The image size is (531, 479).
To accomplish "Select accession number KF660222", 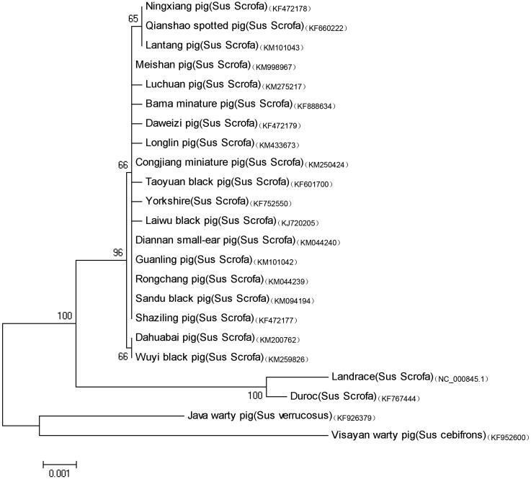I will click(x=328, y=28).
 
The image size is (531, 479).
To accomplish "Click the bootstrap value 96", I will click(x=117, y=254).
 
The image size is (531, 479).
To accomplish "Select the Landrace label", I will click(x=382, y=376).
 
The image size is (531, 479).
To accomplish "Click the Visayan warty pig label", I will click(x=407, y=435).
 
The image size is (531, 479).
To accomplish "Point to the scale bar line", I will click(x=60, y=462).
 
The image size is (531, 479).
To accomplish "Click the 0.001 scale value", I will click(x=60, y=473).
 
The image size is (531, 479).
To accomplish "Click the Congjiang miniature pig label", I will click(x=219, y=162).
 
